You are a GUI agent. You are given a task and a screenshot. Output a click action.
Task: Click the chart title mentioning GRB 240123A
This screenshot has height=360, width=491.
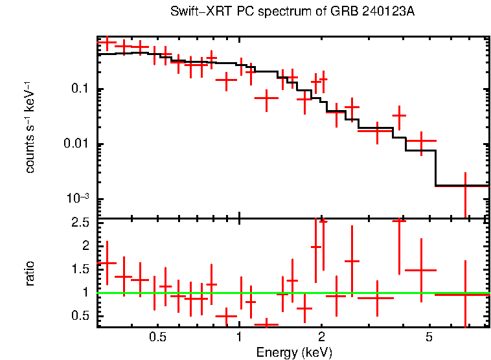click(292, 12)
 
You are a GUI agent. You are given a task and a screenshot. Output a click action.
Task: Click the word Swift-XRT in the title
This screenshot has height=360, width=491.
click(195, 12)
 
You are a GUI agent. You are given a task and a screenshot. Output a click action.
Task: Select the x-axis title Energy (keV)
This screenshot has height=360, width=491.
click(294, 353)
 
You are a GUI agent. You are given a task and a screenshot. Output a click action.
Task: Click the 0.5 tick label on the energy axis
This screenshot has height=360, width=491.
click(157, 338)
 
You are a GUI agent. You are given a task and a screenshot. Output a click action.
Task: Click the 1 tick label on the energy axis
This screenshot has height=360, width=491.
click(240, 338)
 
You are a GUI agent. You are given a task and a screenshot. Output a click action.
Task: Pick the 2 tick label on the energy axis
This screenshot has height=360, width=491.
click(321, 338)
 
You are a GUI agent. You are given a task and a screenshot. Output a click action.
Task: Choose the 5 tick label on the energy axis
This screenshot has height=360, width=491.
click(429, 338)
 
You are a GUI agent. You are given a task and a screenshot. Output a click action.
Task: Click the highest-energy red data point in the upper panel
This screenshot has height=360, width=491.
click(465, 186)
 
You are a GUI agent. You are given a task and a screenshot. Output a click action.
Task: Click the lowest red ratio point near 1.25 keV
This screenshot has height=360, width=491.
click(266, 324)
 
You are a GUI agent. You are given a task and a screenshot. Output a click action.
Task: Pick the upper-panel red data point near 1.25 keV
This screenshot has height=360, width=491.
click(266, 98)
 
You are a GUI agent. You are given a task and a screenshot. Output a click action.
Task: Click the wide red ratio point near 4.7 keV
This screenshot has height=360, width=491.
click(421, 270)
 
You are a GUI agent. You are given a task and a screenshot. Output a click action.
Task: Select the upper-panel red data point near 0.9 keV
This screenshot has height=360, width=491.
click(226, 80)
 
